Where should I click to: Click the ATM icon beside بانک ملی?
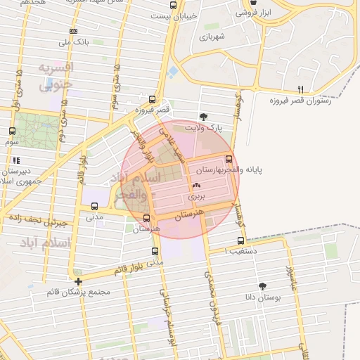click(x=73, y=31)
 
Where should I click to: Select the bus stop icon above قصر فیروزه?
click(x=153, y=99)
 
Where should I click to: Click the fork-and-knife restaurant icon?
click(x=300, y=89)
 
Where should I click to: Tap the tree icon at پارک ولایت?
click(x=204, y=117)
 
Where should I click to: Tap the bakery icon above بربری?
click(x=195, y=186)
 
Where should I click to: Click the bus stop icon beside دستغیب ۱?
click(x=241, y=240)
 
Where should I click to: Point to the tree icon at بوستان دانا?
click(x=262, y=286)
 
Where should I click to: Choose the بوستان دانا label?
click(x=262, y=298)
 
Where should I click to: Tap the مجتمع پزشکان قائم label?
click(x=77, y=292)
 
